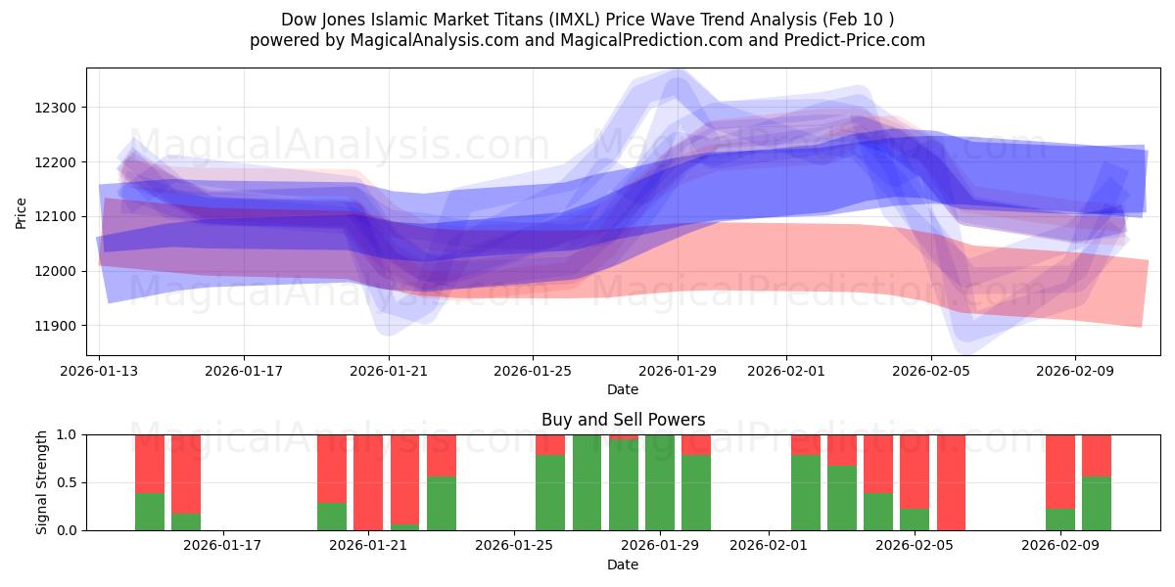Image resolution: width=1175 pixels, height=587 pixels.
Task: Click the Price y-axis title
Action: pyautogui.click(x=22, y=213)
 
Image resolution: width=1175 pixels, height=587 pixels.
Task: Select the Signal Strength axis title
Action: pyautogui.click(x=41, y=482)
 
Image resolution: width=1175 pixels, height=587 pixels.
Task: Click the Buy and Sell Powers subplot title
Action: pyautogui.click(x=623, y=420)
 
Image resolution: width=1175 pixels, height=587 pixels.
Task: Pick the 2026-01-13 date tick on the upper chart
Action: pyautogui.click(x=99, y=371)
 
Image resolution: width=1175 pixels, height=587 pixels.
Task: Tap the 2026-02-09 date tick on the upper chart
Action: pyautogui.click(x=1075, y=371)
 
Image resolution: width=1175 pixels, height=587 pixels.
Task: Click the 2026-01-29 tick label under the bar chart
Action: pyautogui.click(x=659, y=545)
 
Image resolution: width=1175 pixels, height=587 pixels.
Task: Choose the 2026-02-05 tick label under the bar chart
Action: pyautogui.click(x=915, y=545)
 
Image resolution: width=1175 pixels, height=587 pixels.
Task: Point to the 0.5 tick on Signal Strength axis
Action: pyautogui.click(x=70, y=482)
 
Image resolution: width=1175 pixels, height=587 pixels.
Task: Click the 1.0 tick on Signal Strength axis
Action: pyautogui.click(x=70, y=434)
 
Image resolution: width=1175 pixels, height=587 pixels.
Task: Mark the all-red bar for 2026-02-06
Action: pyautogui.click(x=951, y=482)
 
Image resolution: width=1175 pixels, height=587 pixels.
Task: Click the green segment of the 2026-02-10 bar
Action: pyautogui.click(x=1097, y=504)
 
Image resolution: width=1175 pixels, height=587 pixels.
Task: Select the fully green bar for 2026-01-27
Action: pyautogui.click(x=587, y=482)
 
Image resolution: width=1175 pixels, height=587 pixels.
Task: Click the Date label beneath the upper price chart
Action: pyautogui.click(x=623, y=389)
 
